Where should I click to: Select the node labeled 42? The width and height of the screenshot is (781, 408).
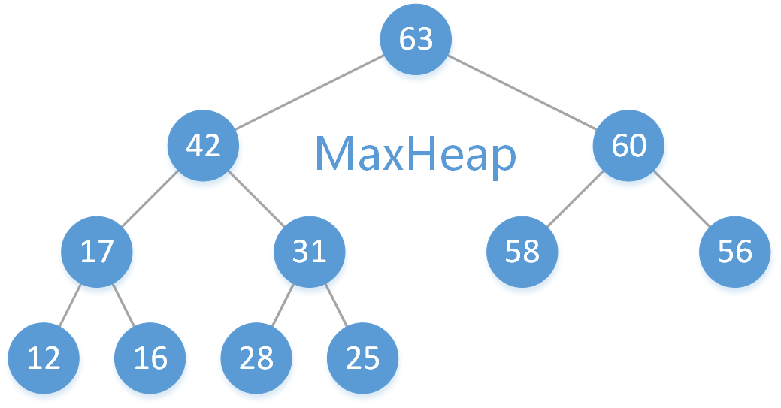click(203, 145)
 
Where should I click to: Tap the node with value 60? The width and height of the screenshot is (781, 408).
click(628, 145)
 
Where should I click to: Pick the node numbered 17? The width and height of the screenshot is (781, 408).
click(96, 251)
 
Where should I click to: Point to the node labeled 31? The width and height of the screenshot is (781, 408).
click(309, 251)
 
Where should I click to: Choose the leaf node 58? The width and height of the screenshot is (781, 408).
click(522, 251)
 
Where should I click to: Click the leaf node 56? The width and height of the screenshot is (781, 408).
click(734, 251)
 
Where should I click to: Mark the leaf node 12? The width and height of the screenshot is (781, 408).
click(44, 358)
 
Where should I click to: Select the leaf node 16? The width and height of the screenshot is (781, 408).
click(150, 358)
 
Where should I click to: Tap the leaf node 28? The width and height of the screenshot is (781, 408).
click(256, 358)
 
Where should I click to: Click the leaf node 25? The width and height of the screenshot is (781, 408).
click(363, 358)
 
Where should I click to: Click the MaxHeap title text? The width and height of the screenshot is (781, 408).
click(416, 154)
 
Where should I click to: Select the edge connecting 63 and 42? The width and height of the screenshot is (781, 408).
click(309, 92)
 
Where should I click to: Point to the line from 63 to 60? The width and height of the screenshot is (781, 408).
click(522, 92)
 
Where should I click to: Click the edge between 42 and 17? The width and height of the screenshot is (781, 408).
click(150, 198)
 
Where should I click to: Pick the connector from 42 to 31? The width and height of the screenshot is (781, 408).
click(256, 198)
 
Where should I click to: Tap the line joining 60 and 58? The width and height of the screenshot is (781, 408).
click(575, 198)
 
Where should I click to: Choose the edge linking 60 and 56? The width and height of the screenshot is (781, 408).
click(682, 198)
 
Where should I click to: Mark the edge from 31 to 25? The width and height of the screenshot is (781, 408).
click(336, 304)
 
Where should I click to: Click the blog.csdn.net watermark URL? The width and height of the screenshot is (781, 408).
click(682, 394)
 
